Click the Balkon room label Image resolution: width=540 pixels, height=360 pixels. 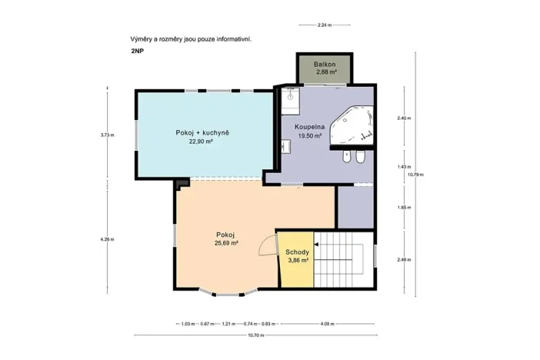coord(325,64)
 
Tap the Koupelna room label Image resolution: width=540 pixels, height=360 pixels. coord(309,127)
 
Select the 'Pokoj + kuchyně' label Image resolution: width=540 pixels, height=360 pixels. coord(202,132)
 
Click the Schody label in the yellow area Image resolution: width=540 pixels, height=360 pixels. coord(297,252)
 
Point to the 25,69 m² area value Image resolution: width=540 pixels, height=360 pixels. coord(227,243)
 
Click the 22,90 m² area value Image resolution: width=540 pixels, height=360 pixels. coord(201,141)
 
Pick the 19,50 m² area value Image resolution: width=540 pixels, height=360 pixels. coord(310,135)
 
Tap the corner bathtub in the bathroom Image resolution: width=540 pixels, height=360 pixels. coord(352,125)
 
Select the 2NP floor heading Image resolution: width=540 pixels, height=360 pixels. coord(137,51)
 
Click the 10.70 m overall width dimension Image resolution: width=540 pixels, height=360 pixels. coord(256,335)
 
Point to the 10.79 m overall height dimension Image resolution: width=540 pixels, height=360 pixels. coord(415,175)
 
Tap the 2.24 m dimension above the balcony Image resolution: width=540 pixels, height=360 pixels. coord(325,25)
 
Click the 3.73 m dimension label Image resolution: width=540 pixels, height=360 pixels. coord(107,135)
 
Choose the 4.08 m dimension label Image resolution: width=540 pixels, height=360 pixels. coord(327,324)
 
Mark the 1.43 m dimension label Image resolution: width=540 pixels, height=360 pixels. coord(404,167)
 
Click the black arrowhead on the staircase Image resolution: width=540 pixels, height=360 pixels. coord(316,245)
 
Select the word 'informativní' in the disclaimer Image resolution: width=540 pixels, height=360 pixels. coord(234,39)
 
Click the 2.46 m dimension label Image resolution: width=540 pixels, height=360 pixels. coord(404,260)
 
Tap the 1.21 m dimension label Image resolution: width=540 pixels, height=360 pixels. coord(228,324)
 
